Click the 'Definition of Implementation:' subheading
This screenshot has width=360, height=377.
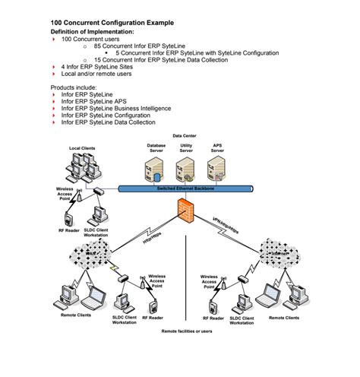(92, 33)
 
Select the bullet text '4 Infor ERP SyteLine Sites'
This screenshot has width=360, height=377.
(99, 67)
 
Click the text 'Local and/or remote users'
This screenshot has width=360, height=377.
(97, 74)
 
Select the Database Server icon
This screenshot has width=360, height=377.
(156, 166)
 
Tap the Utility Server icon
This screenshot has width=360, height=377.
(185, 166)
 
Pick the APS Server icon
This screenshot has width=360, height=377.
(217, 166)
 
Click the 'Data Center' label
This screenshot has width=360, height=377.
(185, 135)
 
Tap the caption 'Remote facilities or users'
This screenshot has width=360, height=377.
(187, 332)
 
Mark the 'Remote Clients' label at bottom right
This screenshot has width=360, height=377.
(283, 317)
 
